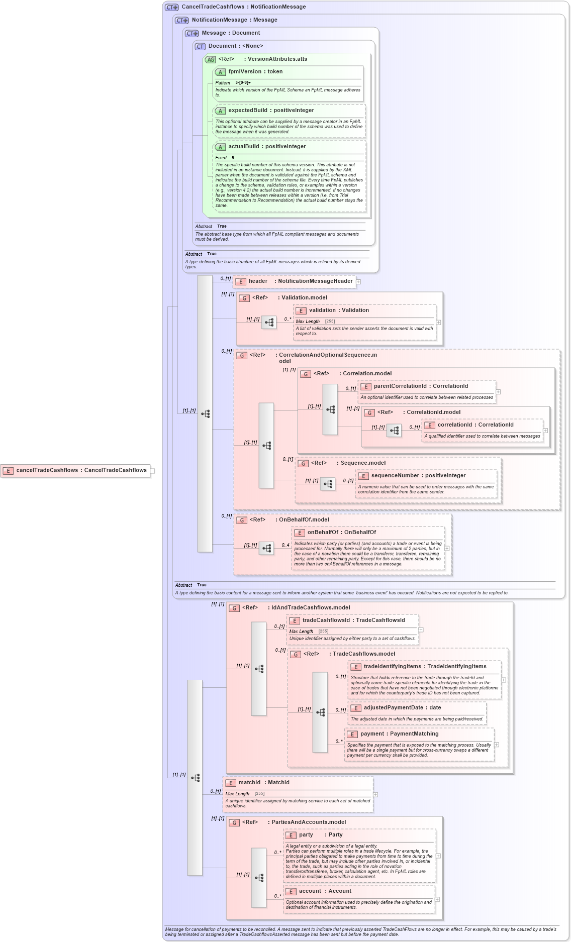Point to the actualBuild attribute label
pos(266,147)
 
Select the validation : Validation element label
pos(338,310)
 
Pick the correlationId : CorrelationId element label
pos(475,425)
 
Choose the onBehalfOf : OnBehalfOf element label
pos(341,533)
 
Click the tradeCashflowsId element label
pos(353,620)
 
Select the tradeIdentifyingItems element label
pos(424,667)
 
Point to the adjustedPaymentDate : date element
pos(402,708)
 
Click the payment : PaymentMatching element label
pos(399,734)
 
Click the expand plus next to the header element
pos(358,282)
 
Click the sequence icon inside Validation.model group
pos(269,323)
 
